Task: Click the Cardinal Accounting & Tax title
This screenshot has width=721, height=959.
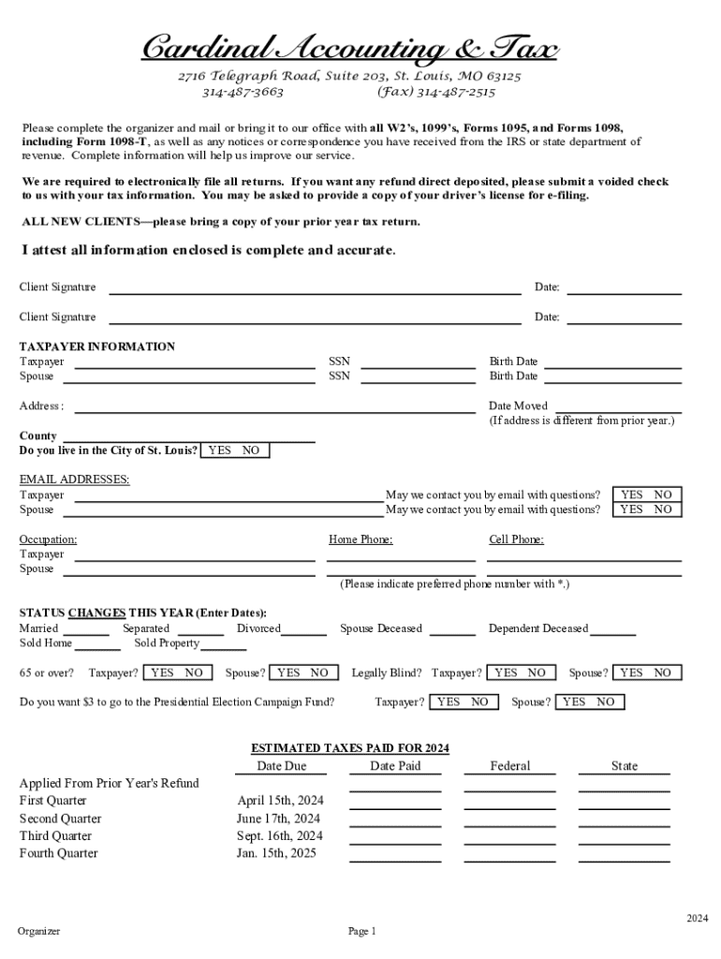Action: (x=349, y=47)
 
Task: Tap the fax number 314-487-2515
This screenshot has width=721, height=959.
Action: (x=435, y=92)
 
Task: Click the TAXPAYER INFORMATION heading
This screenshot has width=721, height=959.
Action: (x=97, y=347)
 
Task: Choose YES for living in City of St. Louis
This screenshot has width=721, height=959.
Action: (x=220, y=450)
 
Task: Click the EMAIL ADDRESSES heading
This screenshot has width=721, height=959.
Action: (x=75, y=479)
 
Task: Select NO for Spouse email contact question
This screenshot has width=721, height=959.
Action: (x=663, y=509)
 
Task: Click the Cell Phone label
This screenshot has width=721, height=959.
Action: (x=516, y=539)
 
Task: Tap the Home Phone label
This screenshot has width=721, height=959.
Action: (x=360, y=539)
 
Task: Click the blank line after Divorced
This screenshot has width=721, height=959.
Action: (x=303, y=633)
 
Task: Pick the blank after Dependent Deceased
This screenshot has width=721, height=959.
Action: (x=612, y=633)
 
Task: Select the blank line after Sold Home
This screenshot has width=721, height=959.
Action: (x=96, y=647)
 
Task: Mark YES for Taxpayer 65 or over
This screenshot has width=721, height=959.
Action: (x=162, y=672)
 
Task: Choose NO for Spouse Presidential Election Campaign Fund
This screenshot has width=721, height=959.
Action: (x=606, y=701)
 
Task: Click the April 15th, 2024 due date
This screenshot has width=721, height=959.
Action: (x=281, y=801)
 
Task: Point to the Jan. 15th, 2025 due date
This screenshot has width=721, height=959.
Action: (x=277, y=853)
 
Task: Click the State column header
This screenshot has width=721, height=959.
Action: (x=625, y=766)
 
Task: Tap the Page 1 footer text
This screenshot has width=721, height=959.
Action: (x=361, y=931)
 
